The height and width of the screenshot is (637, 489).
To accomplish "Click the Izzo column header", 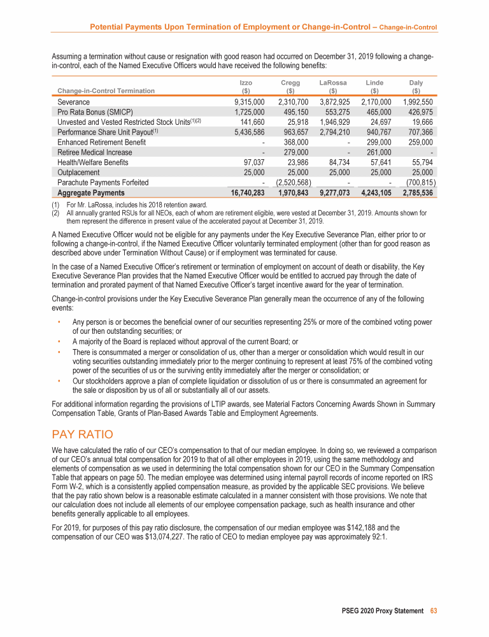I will click(x=245, y=83).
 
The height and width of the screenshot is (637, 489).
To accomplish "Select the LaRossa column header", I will click(x=333, y=83).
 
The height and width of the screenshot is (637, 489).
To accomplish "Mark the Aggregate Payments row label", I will click(x=91, y=192).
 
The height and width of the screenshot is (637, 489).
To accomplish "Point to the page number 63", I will click(x=434, y=611).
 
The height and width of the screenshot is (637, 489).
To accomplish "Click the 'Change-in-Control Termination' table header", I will click(x=106, y=90).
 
